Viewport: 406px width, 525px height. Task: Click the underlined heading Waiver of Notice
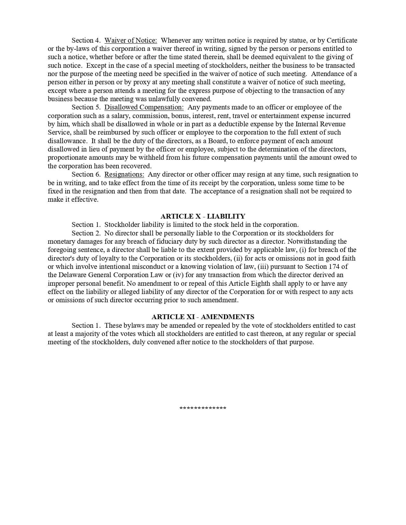[131, 40]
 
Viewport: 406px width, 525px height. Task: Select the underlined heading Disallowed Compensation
[144, 107]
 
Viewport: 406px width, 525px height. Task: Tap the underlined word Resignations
[124, 174]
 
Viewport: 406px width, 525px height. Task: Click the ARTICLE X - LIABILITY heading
[203, 216]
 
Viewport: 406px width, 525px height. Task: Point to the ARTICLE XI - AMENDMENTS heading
[203, 317]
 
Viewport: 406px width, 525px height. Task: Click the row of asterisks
[203, 408]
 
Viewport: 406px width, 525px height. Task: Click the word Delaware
[73, 275]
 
